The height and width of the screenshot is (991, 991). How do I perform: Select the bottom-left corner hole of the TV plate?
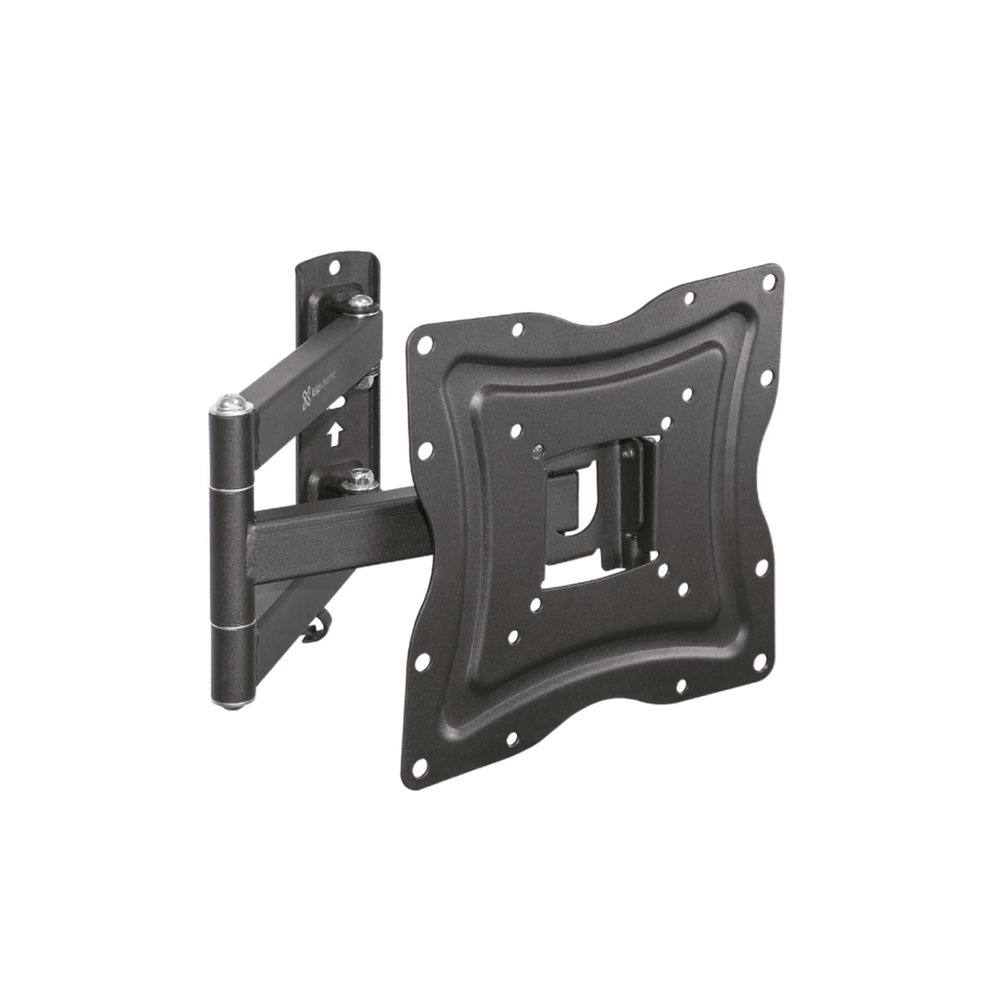(419, 768)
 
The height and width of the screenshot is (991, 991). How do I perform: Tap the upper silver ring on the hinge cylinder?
(231, 489)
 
